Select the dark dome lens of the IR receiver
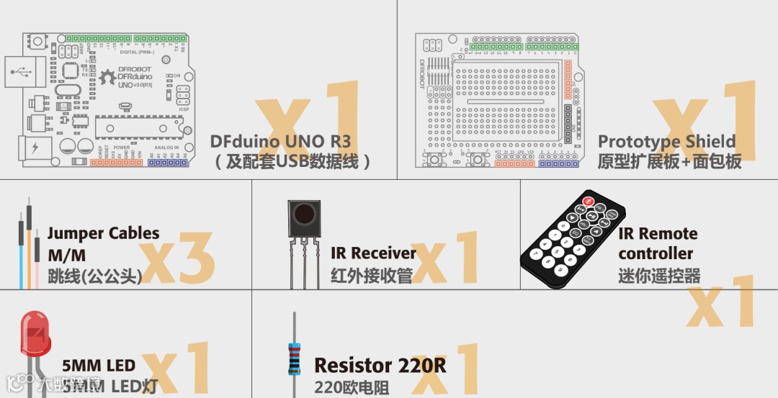[304, 213]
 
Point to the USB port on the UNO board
[22, 72]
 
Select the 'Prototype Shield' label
[666, 141]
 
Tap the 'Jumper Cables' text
[103, 233]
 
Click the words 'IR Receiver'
[373, 253]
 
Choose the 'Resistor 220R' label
[380, 366]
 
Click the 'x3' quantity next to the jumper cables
[176, 258]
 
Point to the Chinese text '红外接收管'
[371, 276]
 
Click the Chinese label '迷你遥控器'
[658, 276]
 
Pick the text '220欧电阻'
[351, 388]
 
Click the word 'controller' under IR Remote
[655, 254]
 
